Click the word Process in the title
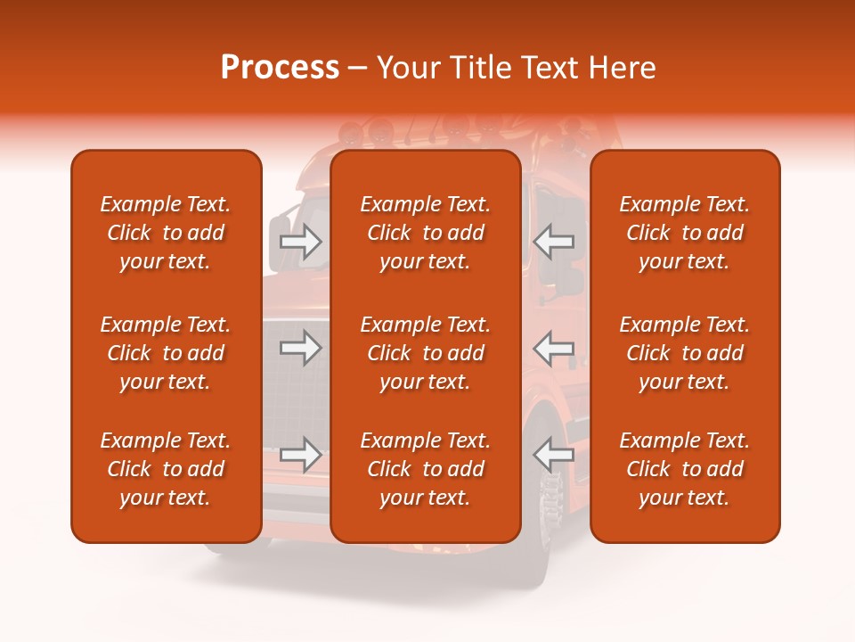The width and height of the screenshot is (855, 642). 280,68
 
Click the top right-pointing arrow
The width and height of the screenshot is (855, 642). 301,241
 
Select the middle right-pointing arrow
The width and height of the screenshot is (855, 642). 301,348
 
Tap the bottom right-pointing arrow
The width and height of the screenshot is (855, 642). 301,455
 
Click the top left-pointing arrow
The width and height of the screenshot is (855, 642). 554,241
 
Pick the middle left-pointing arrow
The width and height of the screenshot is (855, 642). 554,348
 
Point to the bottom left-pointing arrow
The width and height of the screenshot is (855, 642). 554,455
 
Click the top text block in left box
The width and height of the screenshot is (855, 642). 166,233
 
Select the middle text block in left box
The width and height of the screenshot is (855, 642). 166,353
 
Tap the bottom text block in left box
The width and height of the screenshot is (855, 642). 166,469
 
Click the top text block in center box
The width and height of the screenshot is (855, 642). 426,233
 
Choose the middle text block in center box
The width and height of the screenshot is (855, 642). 426,353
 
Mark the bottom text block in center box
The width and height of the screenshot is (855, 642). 426,469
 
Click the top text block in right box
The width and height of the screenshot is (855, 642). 685,233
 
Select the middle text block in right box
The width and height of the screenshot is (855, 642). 685,353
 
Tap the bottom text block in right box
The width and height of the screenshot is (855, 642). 685,469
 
